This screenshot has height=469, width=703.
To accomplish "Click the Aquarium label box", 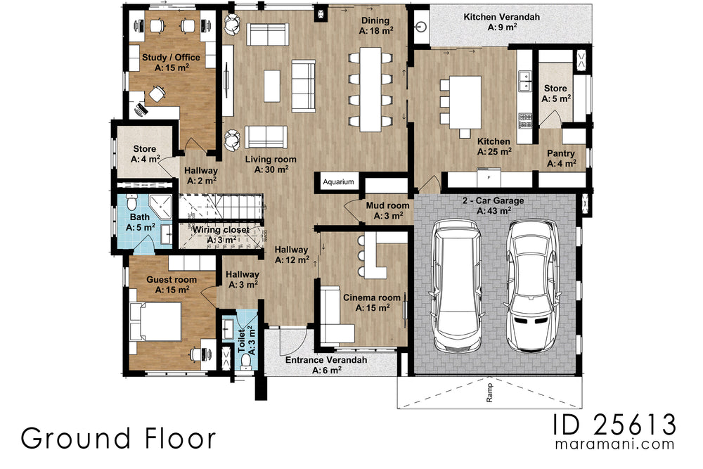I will coord(338,181).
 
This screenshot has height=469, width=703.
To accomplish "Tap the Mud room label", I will coord(387,210).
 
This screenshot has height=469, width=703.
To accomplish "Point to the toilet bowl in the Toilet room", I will coord(246,361).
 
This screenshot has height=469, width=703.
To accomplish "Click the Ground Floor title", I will coord(118,437).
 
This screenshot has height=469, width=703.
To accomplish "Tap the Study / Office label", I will coord(171,63).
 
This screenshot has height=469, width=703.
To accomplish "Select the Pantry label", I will coord(561,158).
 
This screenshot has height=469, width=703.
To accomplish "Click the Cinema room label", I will coord(371,302).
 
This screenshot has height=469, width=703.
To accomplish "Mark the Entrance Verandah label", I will coord(325,364).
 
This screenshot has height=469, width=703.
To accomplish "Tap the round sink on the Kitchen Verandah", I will coord(420,28).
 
